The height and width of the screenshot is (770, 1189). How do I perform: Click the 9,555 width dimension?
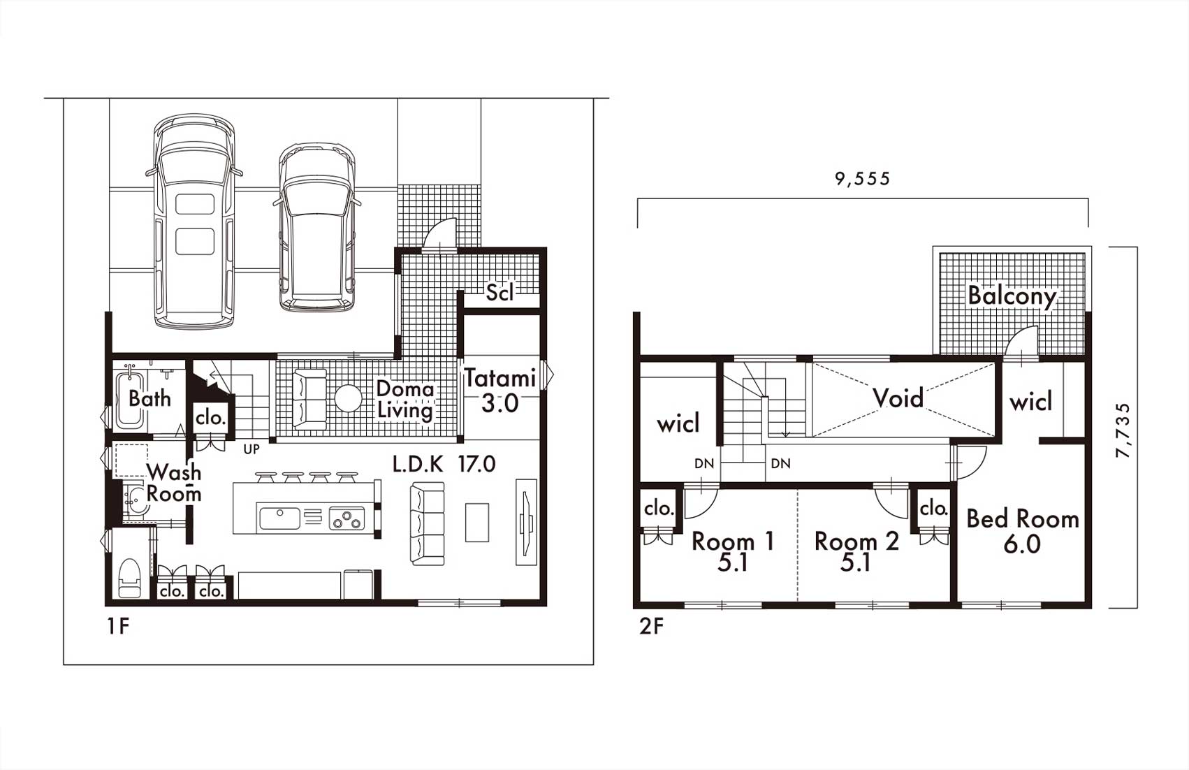point(863,178)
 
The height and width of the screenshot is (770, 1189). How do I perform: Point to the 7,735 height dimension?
point(1123,430)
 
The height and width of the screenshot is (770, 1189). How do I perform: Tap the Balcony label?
point(1012,296)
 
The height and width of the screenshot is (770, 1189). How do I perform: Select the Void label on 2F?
point(898,398)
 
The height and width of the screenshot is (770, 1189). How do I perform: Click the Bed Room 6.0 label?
point(1022,531)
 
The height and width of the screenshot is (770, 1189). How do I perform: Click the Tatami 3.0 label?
point(499,391)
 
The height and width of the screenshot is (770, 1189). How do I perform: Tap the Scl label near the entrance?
point(500,292)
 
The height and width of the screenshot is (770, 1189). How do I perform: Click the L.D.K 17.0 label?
point(444,464)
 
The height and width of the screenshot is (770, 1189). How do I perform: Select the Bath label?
point(149,398)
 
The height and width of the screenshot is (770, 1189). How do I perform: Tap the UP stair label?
point(251,449)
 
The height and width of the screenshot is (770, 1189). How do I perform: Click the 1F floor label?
point(118,627)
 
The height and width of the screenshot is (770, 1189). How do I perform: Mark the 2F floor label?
point(651,627)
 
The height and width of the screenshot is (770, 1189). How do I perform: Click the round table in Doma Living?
point(348,398)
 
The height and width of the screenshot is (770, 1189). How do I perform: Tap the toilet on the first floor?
point(129,578)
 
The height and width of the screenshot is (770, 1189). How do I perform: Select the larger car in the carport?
point(194,220)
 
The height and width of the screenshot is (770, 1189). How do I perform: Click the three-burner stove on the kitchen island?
point(347,518)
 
